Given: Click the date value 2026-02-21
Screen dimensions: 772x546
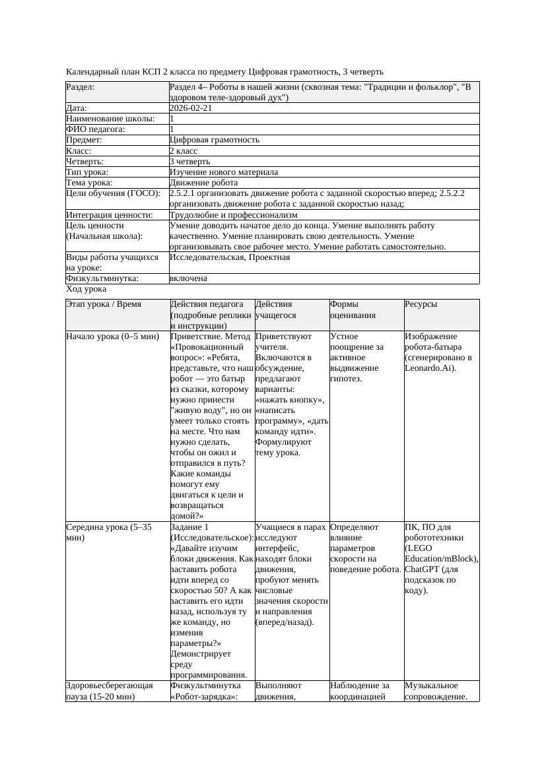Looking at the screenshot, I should coord(191,108).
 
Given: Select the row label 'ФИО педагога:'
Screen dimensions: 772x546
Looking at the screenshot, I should coord(96,129).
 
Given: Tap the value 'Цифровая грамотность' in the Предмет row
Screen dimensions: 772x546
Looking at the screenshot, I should coord(215,140).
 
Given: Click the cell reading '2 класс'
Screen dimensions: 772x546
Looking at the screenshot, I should coord(184,150).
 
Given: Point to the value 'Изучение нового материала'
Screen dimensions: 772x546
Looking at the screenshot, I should coord(224,172).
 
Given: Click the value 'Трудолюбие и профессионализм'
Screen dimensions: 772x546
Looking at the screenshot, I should coord(234,214).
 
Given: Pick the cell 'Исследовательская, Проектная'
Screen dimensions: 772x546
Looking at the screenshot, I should coord(230,257).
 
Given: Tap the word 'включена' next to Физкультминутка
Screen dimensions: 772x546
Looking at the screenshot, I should coord(188,278).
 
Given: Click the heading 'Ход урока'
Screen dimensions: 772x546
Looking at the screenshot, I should coord(86,289).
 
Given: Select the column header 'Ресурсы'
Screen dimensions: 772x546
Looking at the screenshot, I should coord(421,304).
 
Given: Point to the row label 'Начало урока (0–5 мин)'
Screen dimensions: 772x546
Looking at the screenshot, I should coord(113,336).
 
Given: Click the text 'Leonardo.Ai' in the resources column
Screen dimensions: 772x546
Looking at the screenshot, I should coord(428,368).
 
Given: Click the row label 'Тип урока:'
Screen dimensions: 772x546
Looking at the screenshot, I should coord(87,172).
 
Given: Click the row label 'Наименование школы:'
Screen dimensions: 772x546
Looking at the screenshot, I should coord(110,119).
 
